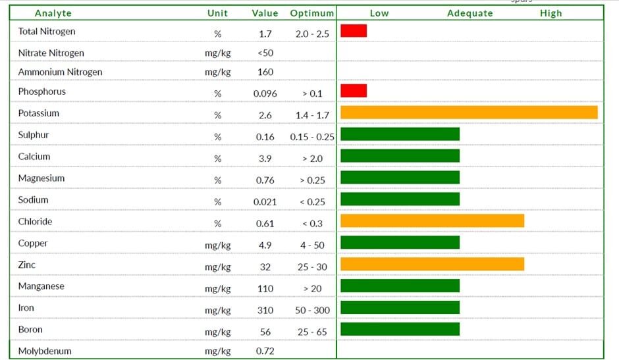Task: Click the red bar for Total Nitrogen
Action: (x=354, y=31)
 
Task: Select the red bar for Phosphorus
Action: (x=354, y=90)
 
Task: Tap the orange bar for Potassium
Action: (x=469, y=113)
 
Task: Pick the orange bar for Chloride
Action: (x=432, y=220)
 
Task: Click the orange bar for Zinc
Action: (x=432, y=264)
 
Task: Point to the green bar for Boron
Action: (x=400, y=329)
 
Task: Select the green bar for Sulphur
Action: (x=400, y=134)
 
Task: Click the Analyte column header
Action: (x=53, y=13)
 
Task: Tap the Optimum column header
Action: (x=312, y=13)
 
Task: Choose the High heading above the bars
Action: (x=551, y=13)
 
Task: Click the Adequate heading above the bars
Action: (x=470, y=13)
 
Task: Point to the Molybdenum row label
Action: (x=45, y=351)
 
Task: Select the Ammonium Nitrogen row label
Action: (x=60, y=72)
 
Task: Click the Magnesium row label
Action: (x=41, y=178)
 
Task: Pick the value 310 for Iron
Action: (x=265, y=310)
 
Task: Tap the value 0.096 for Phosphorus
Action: (x=265, y=93)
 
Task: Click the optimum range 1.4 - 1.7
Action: (x=312, y=115)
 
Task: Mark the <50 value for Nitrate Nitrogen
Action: (x=265, y=53)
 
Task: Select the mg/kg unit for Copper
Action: (x=217, y=245)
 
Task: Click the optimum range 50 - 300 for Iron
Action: (x=312, y=310)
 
